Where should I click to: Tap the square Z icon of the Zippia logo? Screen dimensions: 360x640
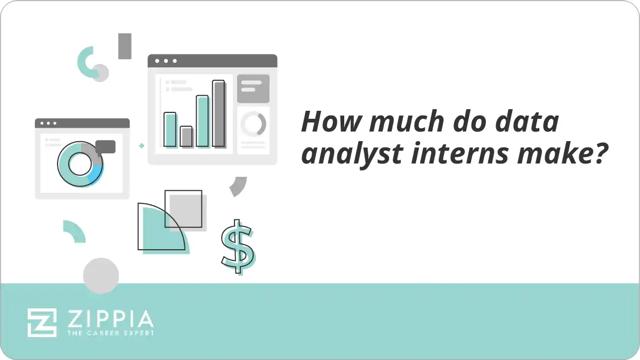pos(42,322)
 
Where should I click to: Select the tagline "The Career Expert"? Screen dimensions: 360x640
pos(110,333)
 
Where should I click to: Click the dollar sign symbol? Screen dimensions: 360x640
pos(237,247)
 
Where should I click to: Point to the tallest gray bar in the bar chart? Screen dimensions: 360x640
pos(218,113)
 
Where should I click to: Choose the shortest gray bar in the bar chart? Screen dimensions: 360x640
pos(186,136)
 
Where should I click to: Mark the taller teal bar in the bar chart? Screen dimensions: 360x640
pos(202,121)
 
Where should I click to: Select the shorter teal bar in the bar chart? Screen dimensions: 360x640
pos(170,129)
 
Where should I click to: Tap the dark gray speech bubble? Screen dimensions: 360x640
pos(106,146)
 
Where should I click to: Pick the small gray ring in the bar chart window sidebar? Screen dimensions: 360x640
pos(253,124)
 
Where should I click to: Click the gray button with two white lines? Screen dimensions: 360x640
pos(253,86)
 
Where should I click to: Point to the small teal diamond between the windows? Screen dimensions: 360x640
pos(141,145)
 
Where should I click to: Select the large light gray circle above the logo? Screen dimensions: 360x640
pos(101,275)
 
